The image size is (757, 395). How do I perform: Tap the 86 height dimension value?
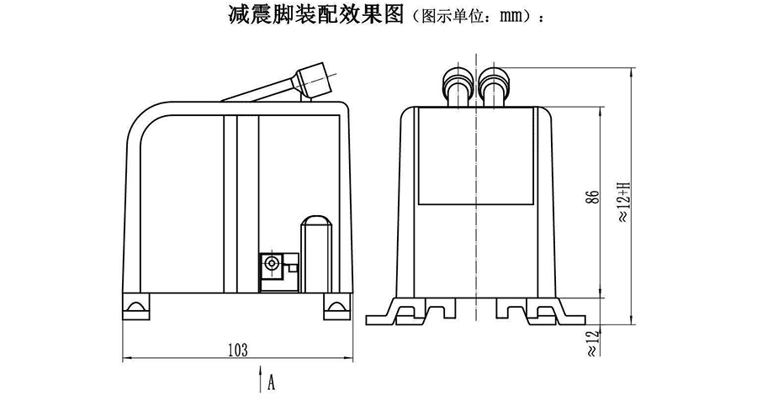tap(593, 198)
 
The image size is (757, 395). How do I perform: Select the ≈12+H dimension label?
tap(623, 202)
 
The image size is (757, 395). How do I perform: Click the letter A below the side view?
tap(272, 382)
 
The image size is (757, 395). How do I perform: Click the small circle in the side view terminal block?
tap(273, 265)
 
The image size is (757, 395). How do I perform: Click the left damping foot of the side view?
tap(136, 305)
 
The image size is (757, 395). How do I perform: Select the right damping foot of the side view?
tap(335, 305)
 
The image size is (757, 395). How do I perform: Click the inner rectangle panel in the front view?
tap(475, 156)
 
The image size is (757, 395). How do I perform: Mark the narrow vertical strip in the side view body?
tap(246, 202)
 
